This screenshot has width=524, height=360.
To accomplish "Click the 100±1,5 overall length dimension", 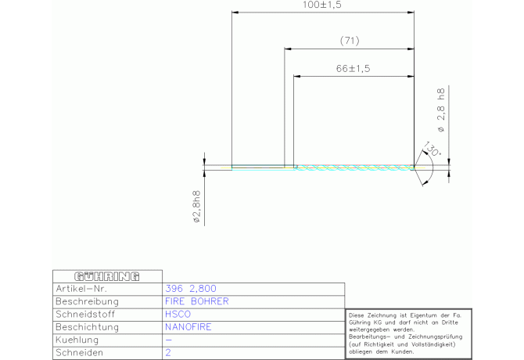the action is tap(321, 5).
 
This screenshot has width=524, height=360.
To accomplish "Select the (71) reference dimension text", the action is tap(350, 41).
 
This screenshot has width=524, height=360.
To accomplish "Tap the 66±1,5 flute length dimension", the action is tap(354, 69).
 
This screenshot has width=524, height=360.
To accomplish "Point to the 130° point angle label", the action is tap(432, 149).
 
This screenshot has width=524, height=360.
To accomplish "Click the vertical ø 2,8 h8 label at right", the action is tap(441, 110).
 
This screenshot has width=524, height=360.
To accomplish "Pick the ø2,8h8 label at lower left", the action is tap(197, 207).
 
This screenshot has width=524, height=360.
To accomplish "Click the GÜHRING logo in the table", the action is tap(107, 276).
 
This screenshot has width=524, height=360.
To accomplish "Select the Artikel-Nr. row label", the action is tap(81, 289).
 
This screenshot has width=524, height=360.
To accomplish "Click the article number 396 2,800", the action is tap(191, 289).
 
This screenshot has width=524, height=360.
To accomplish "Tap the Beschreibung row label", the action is tap(88, 301).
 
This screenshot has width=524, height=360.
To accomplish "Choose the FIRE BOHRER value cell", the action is tap(197, 301).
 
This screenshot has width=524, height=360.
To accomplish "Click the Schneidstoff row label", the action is tap(85, 314).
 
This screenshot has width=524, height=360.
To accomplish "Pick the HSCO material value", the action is tap(178, 314).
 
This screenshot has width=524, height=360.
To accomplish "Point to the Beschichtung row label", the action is tap(88, 327).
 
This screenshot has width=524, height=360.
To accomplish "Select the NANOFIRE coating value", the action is tap(188, 327).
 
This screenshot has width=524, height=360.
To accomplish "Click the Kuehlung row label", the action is tap(77, 340).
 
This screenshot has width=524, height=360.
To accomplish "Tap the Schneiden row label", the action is tap(79, 353).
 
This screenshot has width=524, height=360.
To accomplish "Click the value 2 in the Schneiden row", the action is tap(168, 353).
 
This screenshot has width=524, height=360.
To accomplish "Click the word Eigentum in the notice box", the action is tap(422, 315).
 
